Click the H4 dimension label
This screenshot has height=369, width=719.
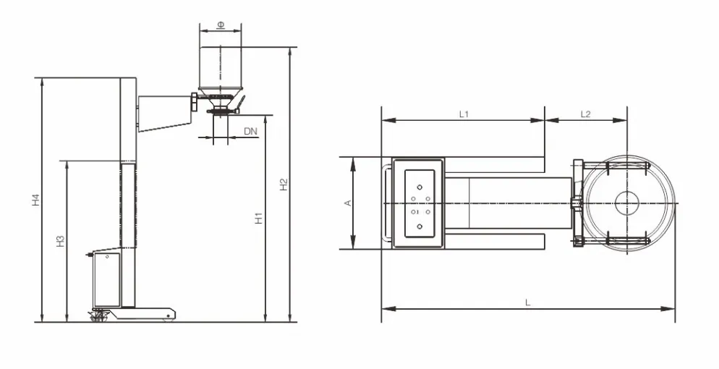coord(36,200)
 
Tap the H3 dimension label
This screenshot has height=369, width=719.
coord(61,241)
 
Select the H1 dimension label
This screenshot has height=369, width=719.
coord(259,219)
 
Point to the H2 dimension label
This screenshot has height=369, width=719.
coord(284,184)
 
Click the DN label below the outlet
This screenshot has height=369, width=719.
coord(250,132)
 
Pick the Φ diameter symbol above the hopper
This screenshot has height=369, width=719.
coord(221,25)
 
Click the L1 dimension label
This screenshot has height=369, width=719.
coord(464,114)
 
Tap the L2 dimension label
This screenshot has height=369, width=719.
coord(586,114)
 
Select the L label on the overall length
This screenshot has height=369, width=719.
coord(528,302)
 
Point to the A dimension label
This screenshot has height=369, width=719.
coord(348,203)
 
